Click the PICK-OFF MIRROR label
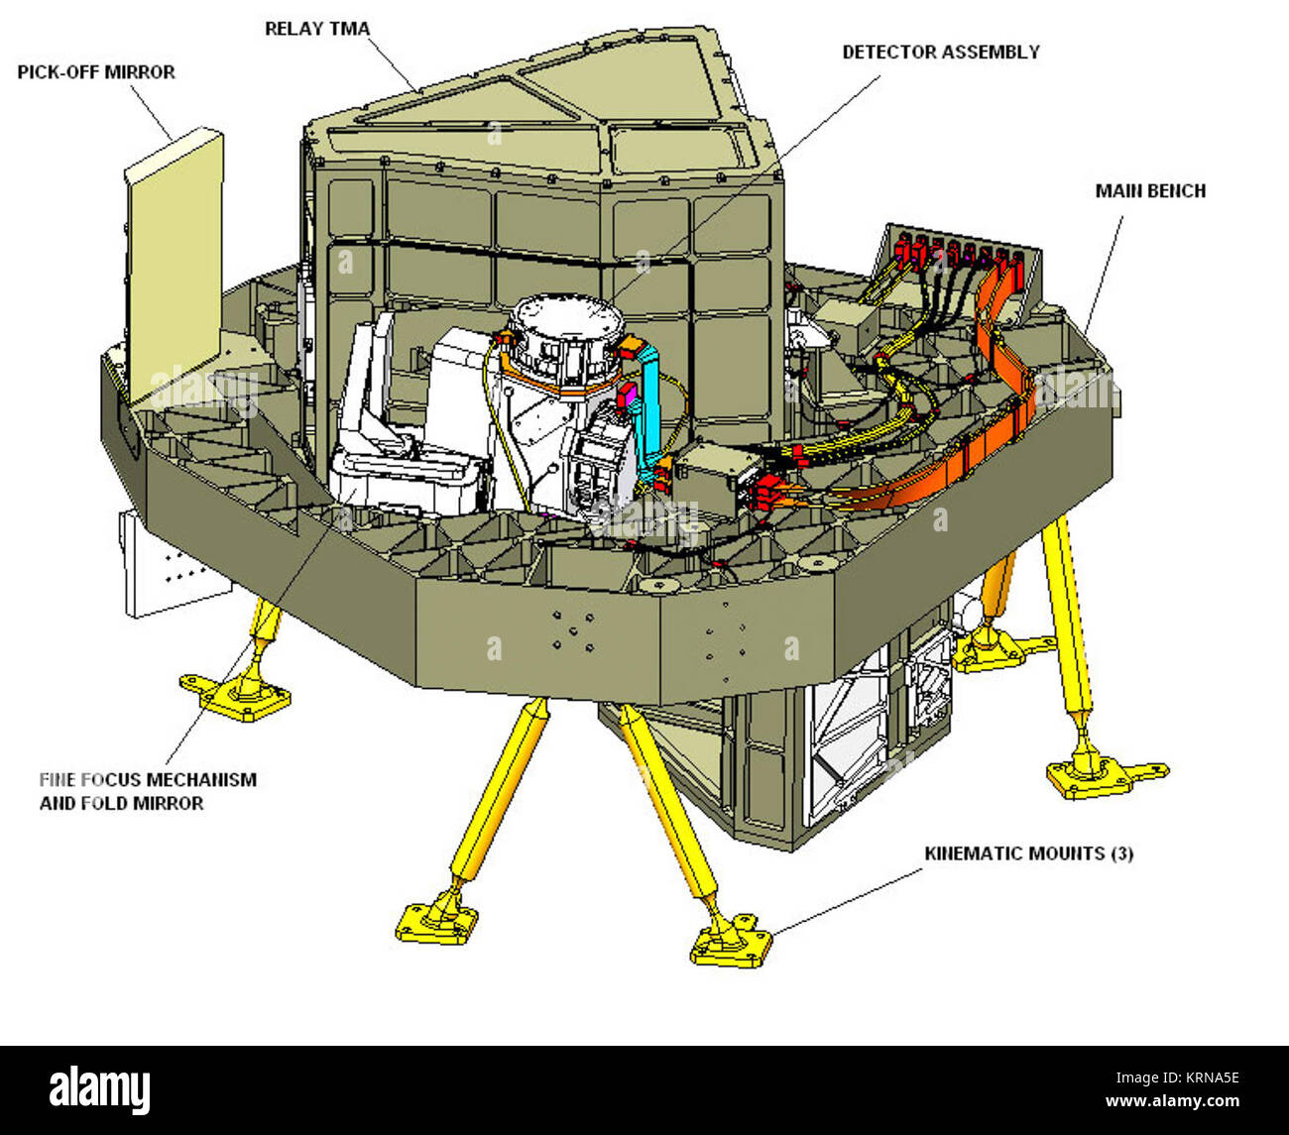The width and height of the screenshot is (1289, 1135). (x=96, y=72)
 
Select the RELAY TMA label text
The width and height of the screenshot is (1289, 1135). (x=317, y=29)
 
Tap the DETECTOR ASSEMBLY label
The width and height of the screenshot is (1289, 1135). (x=941, y=52)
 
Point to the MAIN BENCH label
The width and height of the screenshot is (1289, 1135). (x=1150, y=190)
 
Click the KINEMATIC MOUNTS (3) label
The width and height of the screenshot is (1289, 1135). (x=1028, y=852)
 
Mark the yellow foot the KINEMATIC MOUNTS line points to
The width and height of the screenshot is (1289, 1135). (x=732, y=942)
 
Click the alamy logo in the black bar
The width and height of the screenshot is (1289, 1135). (x=100, y=1089)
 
